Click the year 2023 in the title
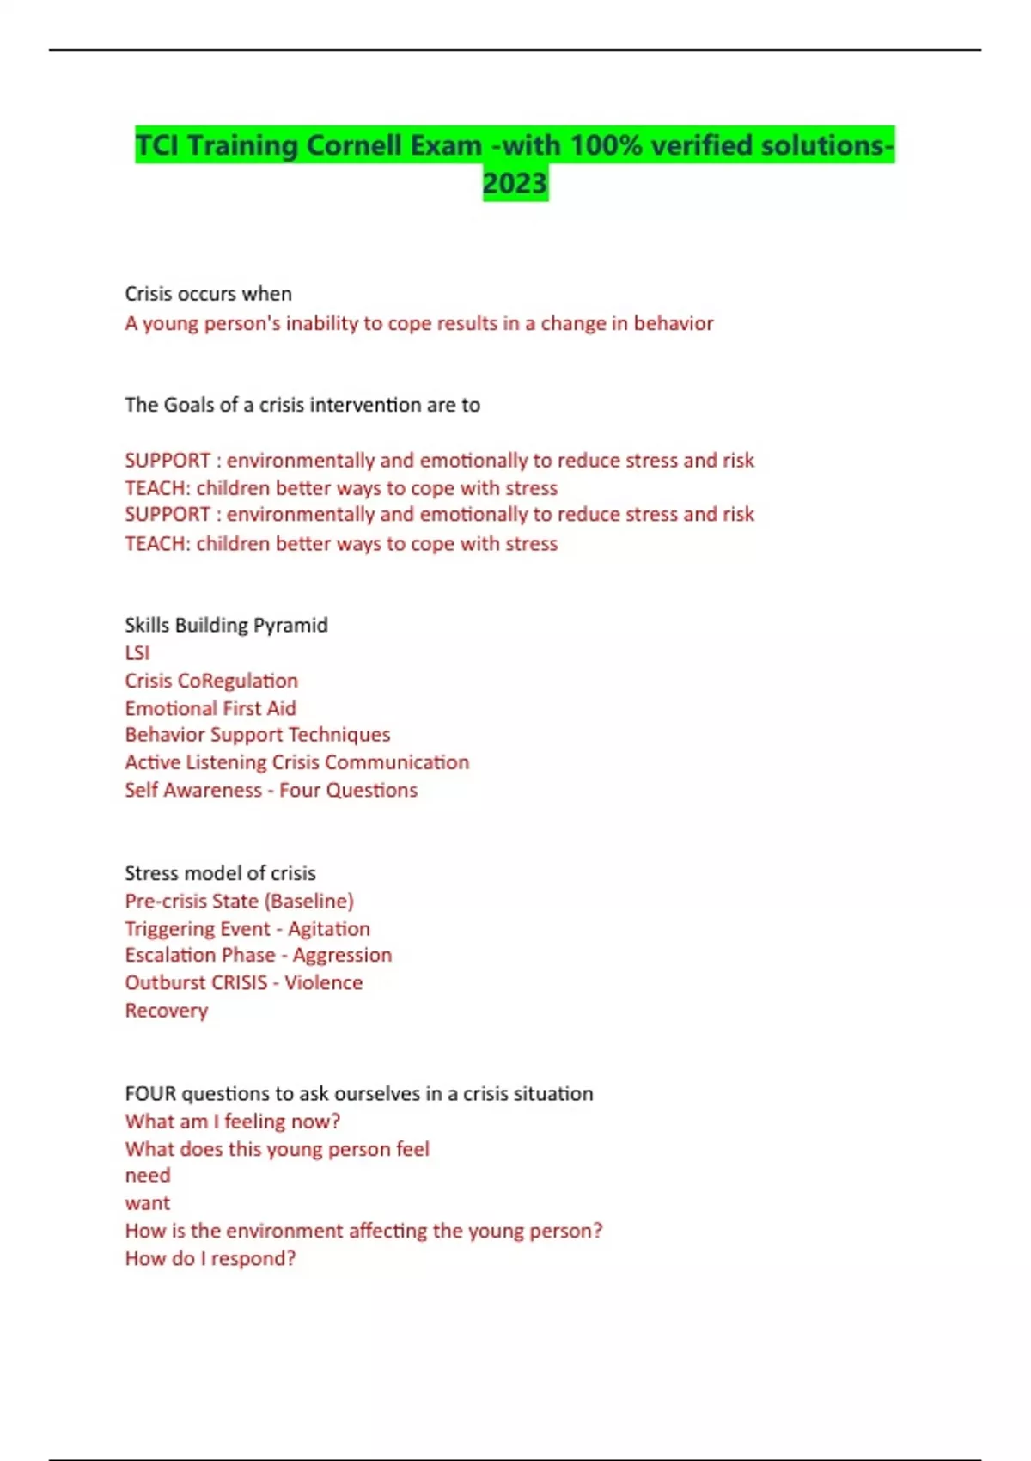(x=515, y=183)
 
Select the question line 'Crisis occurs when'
(x=208, y=294)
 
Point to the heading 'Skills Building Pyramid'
(x=226, y=625)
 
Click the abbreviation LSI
(x=137, y=653)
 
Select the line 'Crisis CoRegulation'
(x=211, y=681)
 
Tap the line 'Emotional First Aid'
(x=210, y=708)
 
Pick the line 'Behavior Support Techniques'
(x=257, y=735)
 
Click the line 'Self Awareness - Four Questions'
(x=271, y=790)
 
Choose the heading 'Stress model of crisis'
(x=220, y=873)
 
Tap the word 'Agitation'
(x=329, y=929)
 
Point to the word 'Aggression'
(x=342, y=955)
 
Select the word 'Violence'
(x=323, y=982)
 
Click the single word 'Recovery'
(x=166, y=1011)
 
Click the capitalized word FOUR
(x=150, y=1094)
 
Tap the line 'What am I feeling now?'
(x=232, y=1122)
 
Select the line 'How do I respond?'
(x=210, y=1259)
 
